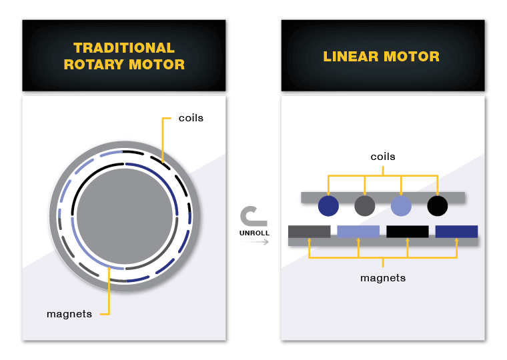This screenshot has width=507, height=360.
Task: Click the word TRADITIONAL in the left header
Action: (124, 48)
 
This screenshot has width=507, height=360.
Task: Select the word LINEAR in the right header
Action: (351, 57)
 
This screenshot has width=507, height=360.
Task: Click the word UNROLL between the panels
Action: (254, 233)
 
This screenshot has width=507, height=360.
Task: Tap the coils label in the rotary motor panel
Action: (191, 118)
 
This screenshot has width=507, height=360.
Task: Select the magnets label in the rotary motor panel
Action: (69, 314)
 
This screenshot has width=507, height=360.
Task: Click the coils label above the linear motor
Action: (383, 157)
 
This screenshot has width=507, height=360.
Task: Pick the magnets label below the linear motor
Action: (383, 278)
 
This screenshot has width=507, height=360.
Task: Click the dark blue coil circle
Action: (328, 206)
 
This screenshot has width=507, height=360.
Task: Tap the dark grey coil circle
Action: (365, 206)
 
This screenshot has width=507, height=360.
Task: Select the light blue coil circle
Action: (402, 206)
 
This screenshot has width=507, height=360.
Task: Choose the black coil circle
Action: (438, 206)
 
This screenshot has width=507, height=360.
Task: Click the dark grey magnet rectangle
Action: (310, 232)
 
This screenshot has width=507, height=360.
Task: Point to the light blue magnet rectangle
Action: (358, 232)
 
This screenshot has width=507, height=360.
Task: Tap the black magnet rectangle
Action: (408, 232)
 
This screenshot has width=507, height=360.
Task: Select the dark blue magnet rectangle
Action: (456, 232)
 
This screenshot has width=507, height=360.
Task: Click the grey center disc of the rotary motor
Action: (125, 216)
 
